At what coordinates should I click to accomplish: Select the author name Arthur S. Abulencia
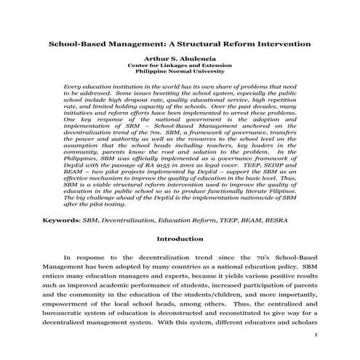[x=180, y=59]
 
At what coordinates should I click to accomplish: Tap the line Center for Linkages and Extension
[x=180, y=66]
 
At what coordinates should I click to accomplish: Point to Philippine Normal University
[x=180, y=73]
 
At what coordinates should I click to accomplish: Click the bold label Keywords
[x=61, y=219]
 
